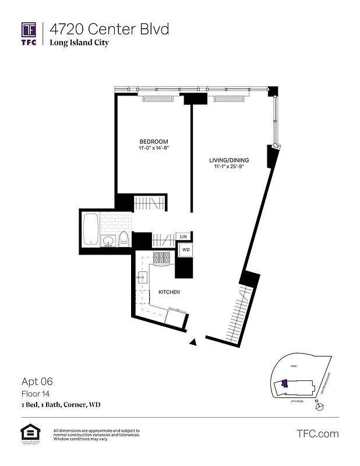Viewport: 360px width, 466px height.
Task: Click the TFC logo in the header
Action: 29,34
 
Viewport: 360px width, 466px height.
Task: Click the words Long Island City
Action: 79,43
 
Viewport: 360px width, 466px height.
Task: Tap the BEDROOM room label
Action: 153,142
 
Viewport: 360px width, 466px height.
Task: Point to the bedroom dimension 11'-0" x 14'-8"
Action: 153,149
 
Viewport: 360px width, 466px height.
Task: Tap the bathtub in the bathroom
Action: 90,230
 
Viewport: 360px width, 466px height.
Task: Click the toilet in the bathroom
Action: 123,239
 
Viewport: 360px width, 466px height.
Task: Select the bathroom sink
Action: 108,242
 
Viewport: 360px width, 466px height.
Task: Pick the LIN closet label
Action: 183,236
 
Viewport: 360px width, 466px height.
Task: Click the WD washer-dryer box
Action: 186,249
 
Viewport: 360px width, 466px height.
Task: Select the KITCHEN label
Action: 168,291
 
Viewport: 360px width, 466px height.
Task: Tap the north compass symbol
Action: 317,407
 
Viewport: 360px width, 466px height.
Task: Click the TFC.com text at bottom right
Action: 317,433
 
